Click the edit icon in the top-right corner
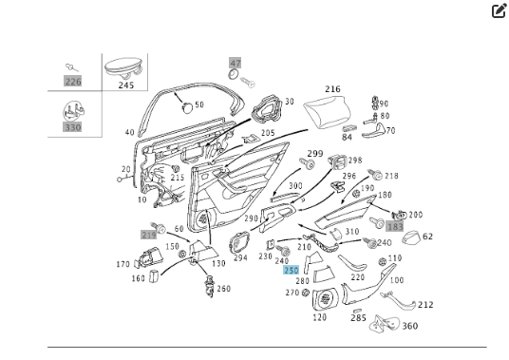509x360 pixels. [499, 11]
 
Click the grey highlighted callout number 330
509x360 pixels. [73, 126]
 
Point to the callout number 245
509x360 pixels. [126, 84]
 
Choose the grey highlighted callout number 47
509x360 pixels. [236, 63]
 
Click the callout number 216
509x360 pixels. [331, 89]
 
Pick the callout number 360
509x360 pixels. [409, 326]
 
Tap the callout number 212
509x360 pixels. [425, 305]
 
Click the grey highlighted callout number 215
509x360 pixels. [148, 234]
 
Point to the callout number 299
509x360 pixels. [314, 154]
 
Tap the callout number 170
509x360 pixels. [123, 264]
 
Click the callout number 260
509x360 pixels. [223, 289]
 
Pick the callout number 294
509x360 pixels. [240, 257]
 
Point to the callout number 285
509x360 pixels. [357, 317]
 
